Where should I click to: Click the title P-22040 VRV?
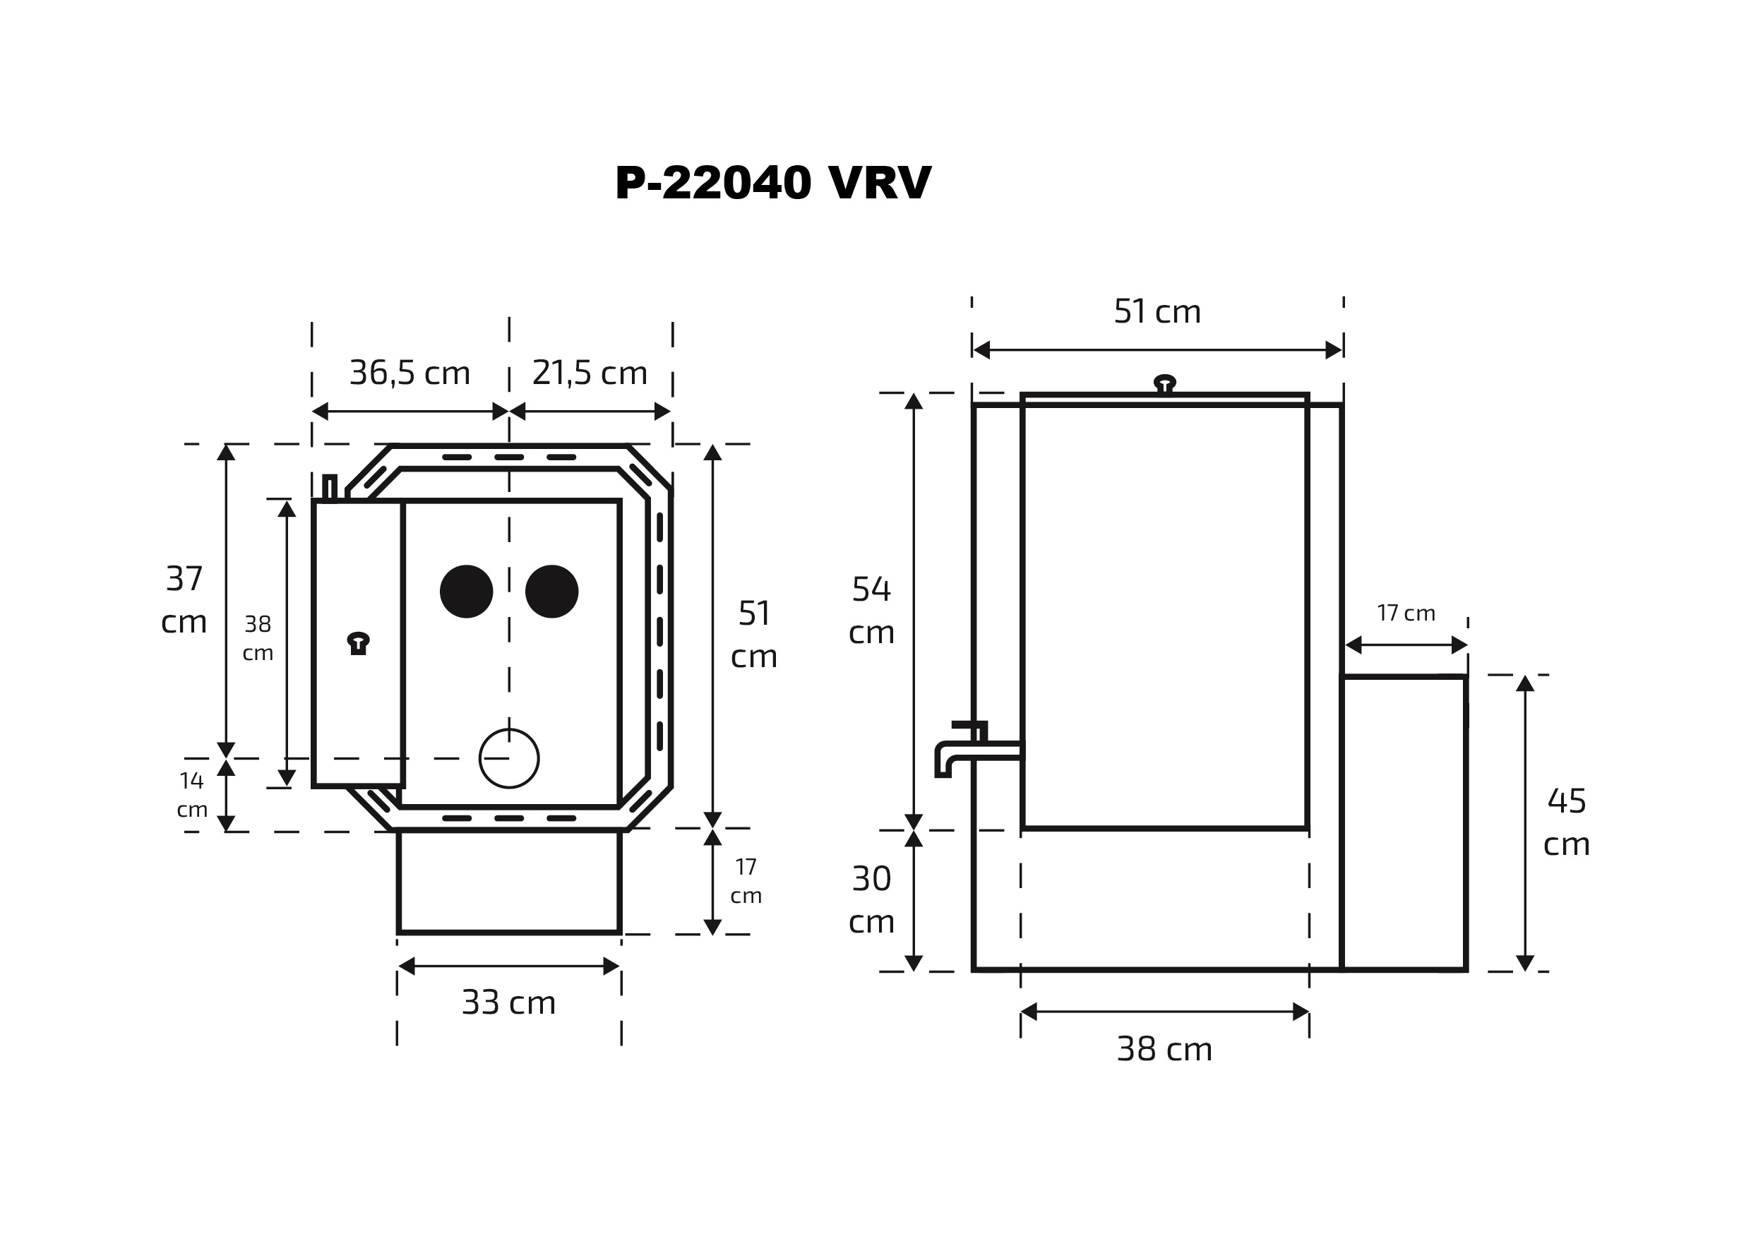click(x=772, y=183)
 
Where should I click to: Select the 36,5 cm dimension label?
click(x=410, y=373)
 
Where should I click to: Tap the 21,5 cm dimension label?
click(x=590, y=373)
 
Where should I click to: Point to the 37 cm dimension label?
click(x=184, y=600)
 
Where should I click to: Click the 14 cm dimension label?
click(x=192, y=795)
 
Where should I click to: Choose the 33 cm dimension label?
click(x=508, y=1002)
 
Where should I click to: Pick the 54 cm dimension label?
click(x=871, y=610)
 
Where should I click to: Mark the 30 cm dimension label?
click(x=871, y=900)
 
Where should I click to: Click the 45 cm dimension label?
click(x=1567, y=822)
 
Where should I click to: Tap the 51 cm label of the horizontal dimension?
click(x=1157, y=311)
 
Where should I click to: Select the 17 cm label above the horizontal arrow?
click(x=1406, y=613)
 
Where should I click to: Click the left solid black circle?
click(x=467, y=591)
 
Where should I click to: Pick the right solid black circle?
click(x=551, y=591)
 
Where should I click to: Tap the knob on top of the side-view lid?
click(x=1164, y=383)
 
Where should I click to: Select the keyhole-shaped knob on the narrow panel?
click(x=358, y=643)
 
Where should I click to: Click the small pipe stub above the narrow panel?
click(x=330, y=487)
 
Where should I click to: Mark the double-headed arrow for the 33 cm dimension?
click(x=508, y=966)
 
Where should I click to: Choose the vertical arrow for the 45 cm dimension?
click(x=1524, y=823)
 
